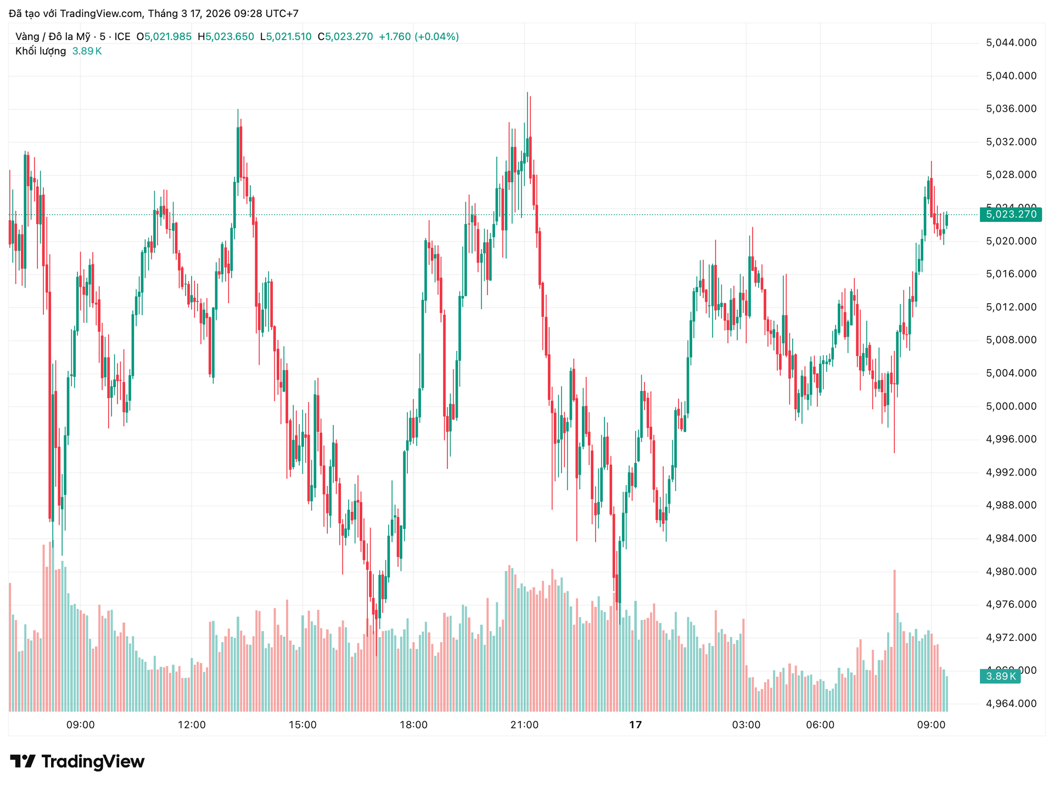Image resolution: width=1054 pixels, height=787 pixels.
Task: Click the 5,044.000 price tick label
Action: pos(1011,43)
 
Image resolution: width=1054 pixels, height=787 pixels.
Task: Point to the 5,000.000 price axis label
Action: pos(1011,406)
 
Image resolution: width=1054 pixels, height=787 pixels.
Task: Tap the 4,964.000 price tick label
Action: pos(1011,704)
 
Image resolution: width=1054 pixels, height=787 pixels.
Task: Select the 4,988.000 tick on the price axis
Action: pos(1011,505)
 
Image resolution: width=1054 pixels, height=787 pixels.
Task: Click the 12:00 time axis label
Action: pos(192,725)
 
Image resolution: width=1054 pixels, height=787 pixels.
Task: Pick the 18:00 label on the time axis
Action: pos(413,725)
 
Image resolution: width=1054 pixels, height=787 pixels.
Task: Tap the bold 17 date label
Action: pos(635,725)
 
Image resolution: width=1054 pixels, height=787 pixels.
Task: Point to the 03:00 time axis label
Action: pos(746,725)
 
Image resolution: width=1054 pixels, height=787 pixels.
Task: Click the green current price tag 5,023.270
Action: pos(1011,215)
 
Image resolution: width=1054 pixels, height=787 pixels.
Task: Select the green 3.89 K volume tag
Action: pos(1000,677)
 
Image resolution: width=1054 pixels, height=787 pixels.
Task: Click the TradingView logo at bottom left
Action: pos(77,762)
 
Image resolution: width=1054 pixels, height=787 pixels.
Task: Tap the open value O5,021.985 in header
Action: pos(164,37)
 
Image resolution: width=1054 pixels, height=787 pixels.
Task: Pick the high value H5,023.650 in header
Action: pos(226,37)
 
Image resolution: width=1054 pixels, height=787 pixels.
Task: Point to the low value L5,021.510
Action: pos(285,37)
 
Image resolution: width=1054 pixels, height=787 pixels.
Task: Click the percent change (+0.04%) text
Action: pos(436,37)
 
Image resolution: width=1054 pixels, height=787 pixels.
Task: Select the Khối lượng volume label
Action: pos(41,51)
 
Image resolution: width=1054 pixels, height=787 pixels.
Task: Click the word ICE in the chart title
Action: pos(122,37)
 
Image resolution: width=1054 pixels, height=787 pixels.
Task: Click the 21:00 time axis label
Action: pos(524,725)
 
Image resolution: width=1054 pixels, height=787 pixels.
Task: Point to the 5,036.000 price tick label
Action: pos(1011,109)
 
